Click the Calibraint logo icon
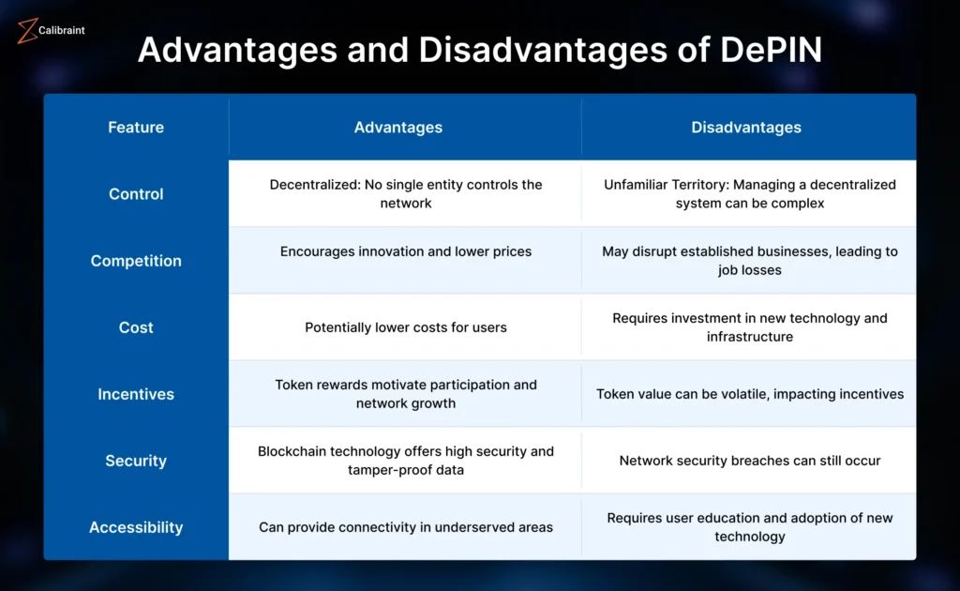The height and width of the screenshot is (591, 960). click(x=27, y=31)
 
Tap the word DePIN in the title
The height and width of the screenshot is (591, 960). click(x=771, y=50)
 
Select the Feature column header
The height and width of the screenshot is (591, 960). click(x=136, y=128)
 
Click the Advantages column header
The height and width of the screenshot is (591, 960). click(x=397, y=128)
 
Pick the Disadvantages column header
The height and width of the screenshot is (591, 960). click(x=746, y=128)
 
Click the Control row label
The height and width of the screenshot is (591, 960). click(x=136, y=194)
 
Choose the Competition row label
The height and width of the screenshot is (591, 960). click(x=136, y=261)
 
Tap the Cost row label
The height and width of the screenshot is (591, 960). click(x=136, y=327)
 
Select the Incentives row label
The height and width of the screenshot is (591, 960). click(x=136, y=394)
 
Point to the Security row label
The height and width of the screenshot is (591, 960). click(x=136, y=461)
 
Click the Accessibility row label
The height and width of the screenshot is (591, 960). click(x=136, y=527)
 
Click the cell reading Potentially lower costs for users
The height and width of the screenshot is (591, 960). click(x=406, y=327)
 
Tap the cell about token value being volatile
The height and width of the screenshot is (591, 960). click(x=750, y=394)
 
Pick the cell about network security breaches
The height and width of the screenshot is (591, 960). click(x=750, y=461)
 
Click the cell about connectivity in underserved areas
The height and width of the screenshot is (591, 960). click(x=406, y=527)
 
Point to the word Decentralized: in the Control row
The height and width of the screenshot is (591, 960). click(x=315, y=185)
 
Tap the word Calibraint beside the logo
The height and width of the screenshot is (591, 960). click(x=61, y=31)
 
